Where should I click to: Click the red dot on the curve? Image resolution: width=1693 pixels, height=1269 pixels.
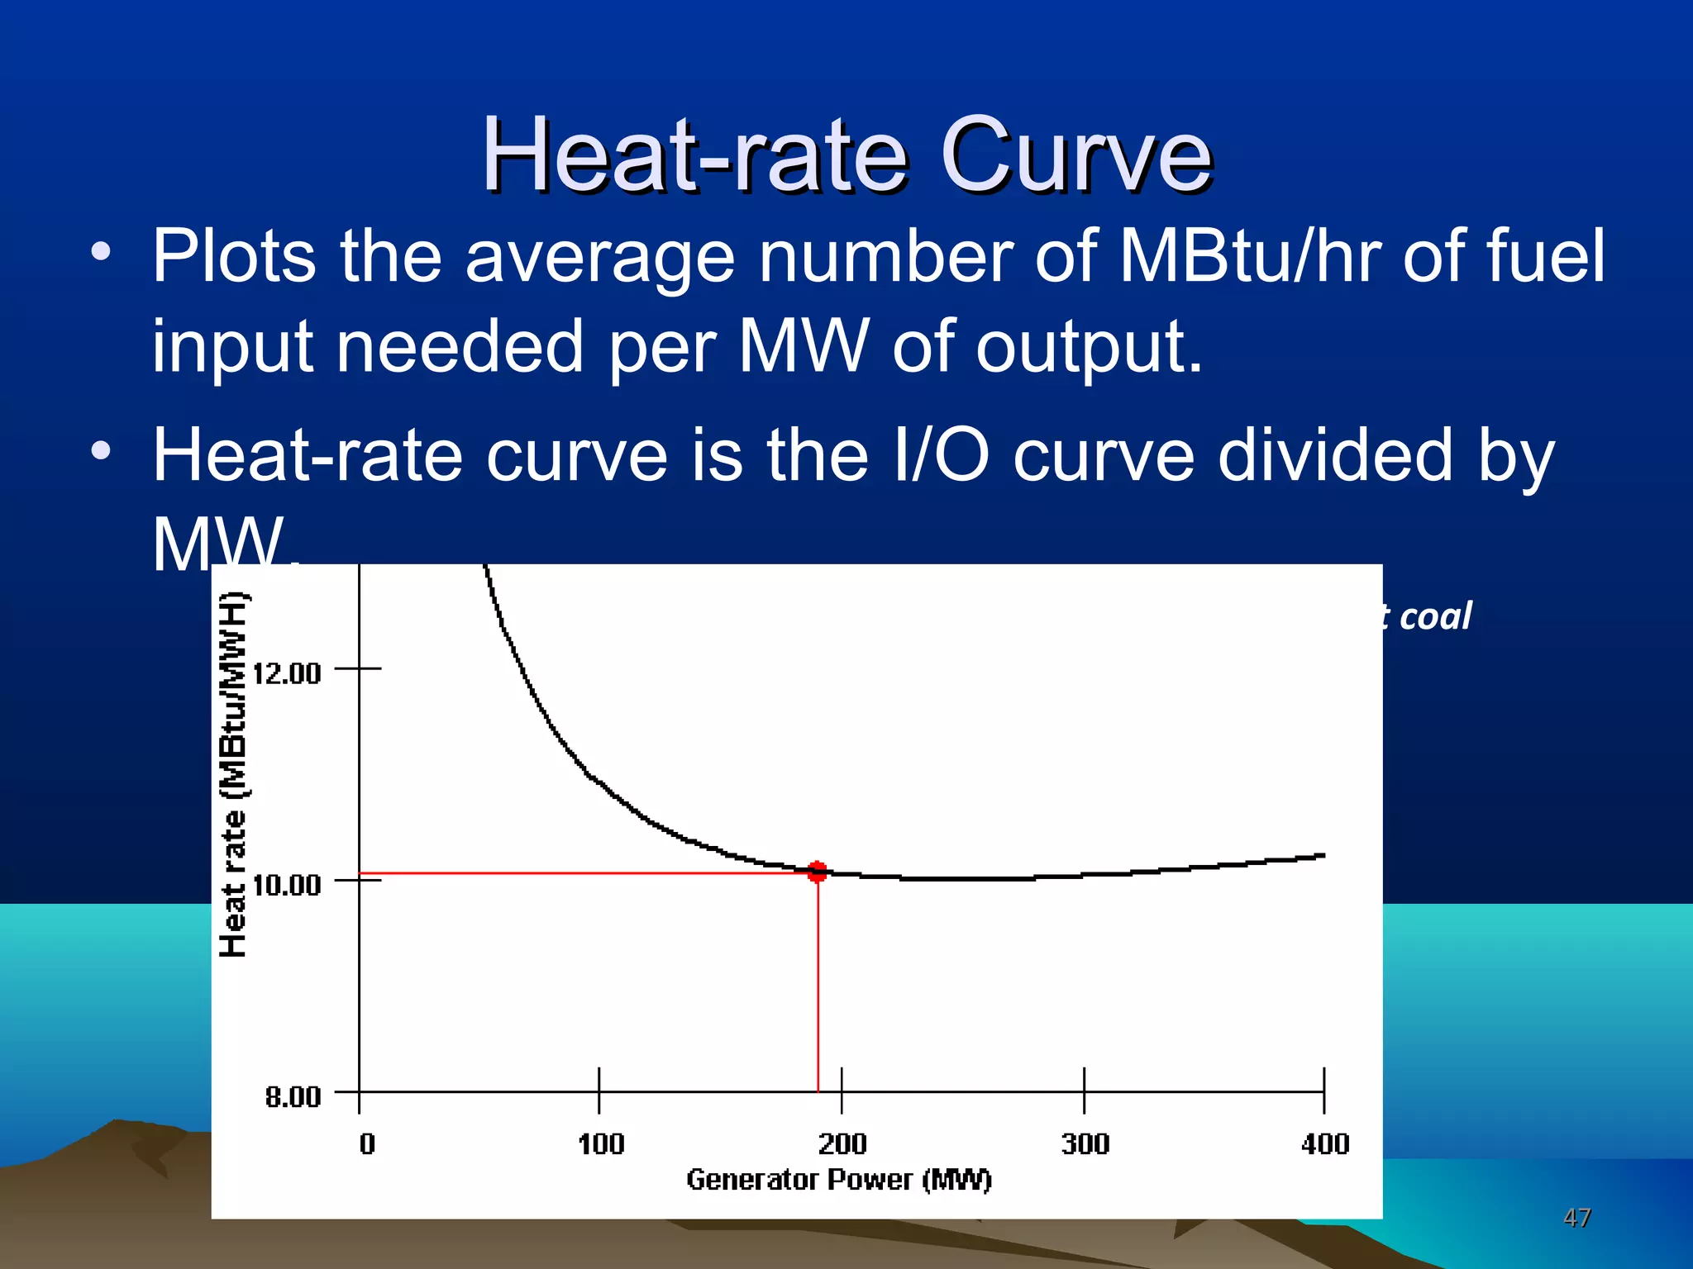pos(818,872)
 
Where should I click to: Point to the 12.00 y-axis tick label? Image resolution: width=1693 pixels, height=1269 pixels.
pos(287,673)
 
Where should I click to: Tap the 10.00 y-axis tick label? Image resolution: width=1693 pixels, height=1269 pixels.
pos(287,885)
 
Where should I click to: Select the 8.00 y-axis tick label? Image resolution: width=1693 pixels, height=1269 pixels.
pos(293,1096)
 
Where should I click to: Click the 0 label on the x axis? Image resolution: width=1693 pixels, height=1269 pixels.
pos(367,1143)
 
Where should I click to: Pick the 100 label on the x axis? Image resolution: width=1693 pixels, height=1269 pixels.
pos(601,1143)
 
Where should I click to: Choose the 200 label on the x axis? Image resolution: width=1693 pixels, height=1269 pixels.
pos(842,1143)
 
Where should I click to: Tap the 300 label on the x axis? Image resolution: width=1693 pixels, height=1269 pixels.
pos(1085,1143)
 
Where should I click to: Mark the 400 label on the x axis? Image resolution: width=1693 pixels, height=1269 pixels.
pos(1325,1143)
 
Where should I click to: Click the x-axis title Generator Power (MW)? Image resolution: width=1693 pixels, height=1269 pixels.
pos(839,1179)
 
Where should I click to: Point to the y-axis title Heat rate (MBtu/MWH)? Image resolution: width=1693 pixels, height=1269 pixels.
pos(234,775)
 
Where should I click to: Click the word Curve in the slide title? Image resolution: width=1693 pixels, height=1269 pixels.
pos(1075,155)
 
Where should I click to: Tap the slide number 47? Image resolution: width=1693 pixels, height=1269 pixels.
pos(1577,1217)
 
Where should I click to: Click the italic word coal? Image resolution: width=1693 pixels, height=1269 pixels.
pos(1436,616)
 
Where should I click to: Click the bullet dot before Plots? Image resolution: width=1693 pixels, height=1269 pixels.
pos(101,251)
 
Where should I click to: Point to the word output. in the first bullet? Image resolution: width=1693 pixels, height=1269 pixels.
pos(1090,347)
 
